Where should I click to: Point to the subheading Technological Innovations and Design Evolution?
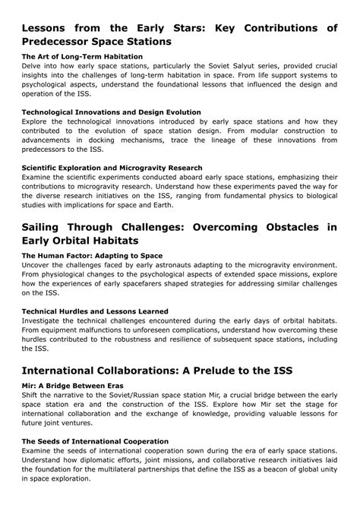tap(112, 112)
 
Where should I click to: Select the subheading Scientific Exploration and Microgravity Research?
tap(112, 167)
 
